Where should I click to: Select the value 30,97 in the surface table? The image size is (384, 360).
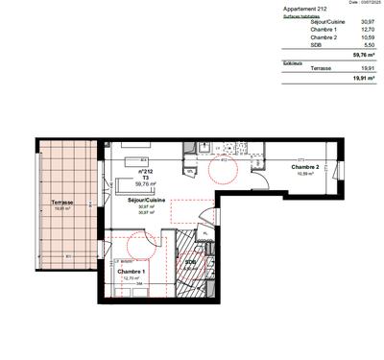point(367,22)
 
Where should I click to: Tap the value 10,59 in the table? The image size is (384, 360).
point(367,38)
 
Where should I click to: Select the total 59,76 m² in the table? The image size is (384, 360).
point(363,56)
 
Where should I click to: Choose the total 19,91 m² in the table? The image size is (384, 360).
point(363,80)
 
